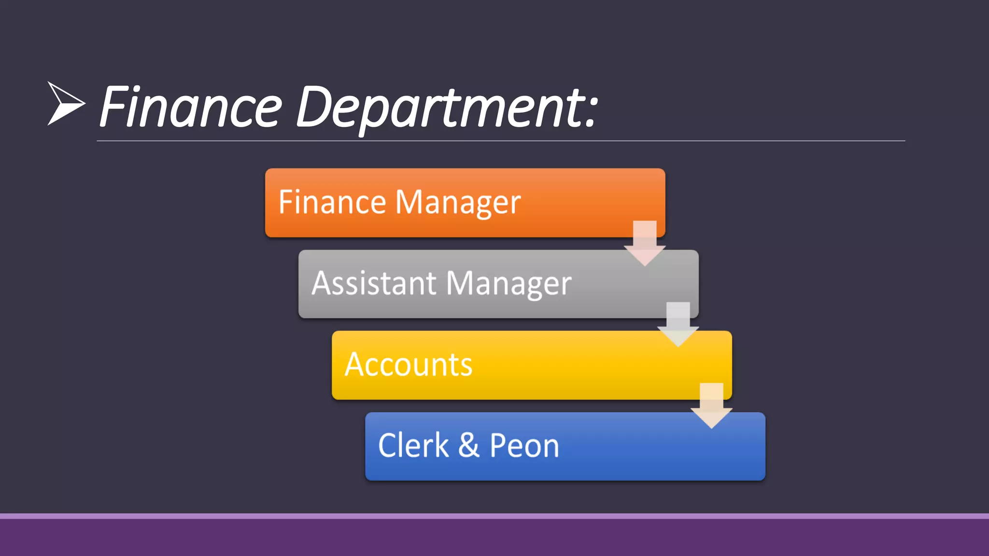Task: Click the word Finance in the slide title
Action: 191,107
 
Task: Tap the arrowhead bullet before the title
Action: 65,104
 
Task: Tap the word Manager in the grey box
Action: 509,284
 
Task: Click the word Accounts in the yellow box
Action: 409,364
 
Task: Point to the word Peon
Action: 524,445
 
